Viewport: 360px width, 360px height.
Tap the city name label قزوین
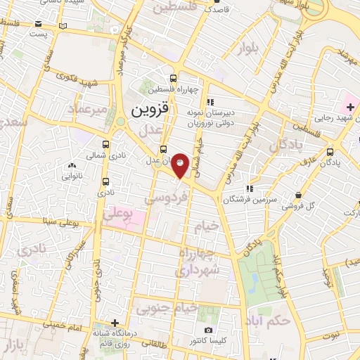(150, 110)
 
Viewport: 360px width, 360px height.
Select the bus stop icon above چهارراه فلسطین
(174, 78)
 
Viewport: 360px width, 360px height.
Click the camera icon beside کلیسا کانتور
(208, 330)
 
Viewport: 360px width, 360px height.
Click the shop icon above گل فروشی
(301, 195)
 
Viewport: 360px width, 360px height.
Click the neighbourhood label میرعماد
(88, 110)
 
